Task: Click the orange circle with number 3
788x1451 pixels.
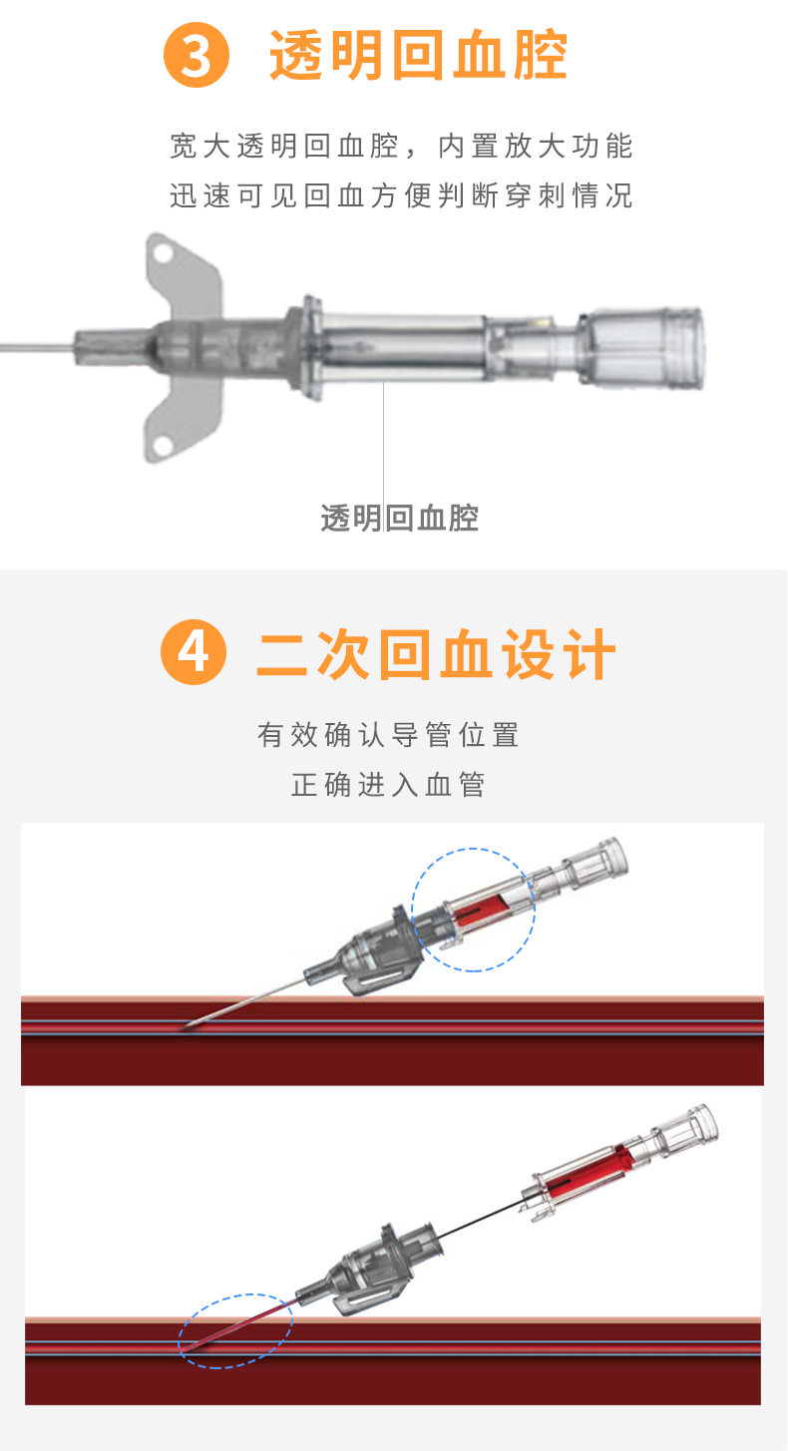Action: [x=197, y=56]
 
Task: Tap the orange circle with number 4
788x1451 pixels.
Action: [x=194, y=654]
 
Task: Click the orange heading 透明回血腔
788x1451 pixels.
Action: [x=419, y=56]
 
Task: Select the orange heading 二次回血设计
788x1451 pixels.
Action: [x=436, y=655]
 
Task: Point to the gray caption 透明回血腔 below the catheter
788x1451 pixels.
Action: [x=399, y=518]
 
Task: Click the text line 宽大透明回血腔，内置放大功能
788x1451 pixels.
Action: [x=401, y=147]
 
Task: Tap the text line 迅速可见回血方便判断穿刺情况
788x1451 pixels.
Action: [x=401, y=195]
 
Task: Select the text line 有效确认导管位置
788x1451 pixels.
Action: [x=388, y=735]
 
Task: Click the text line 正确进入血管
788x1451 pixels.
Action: [x=388, y=785]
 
